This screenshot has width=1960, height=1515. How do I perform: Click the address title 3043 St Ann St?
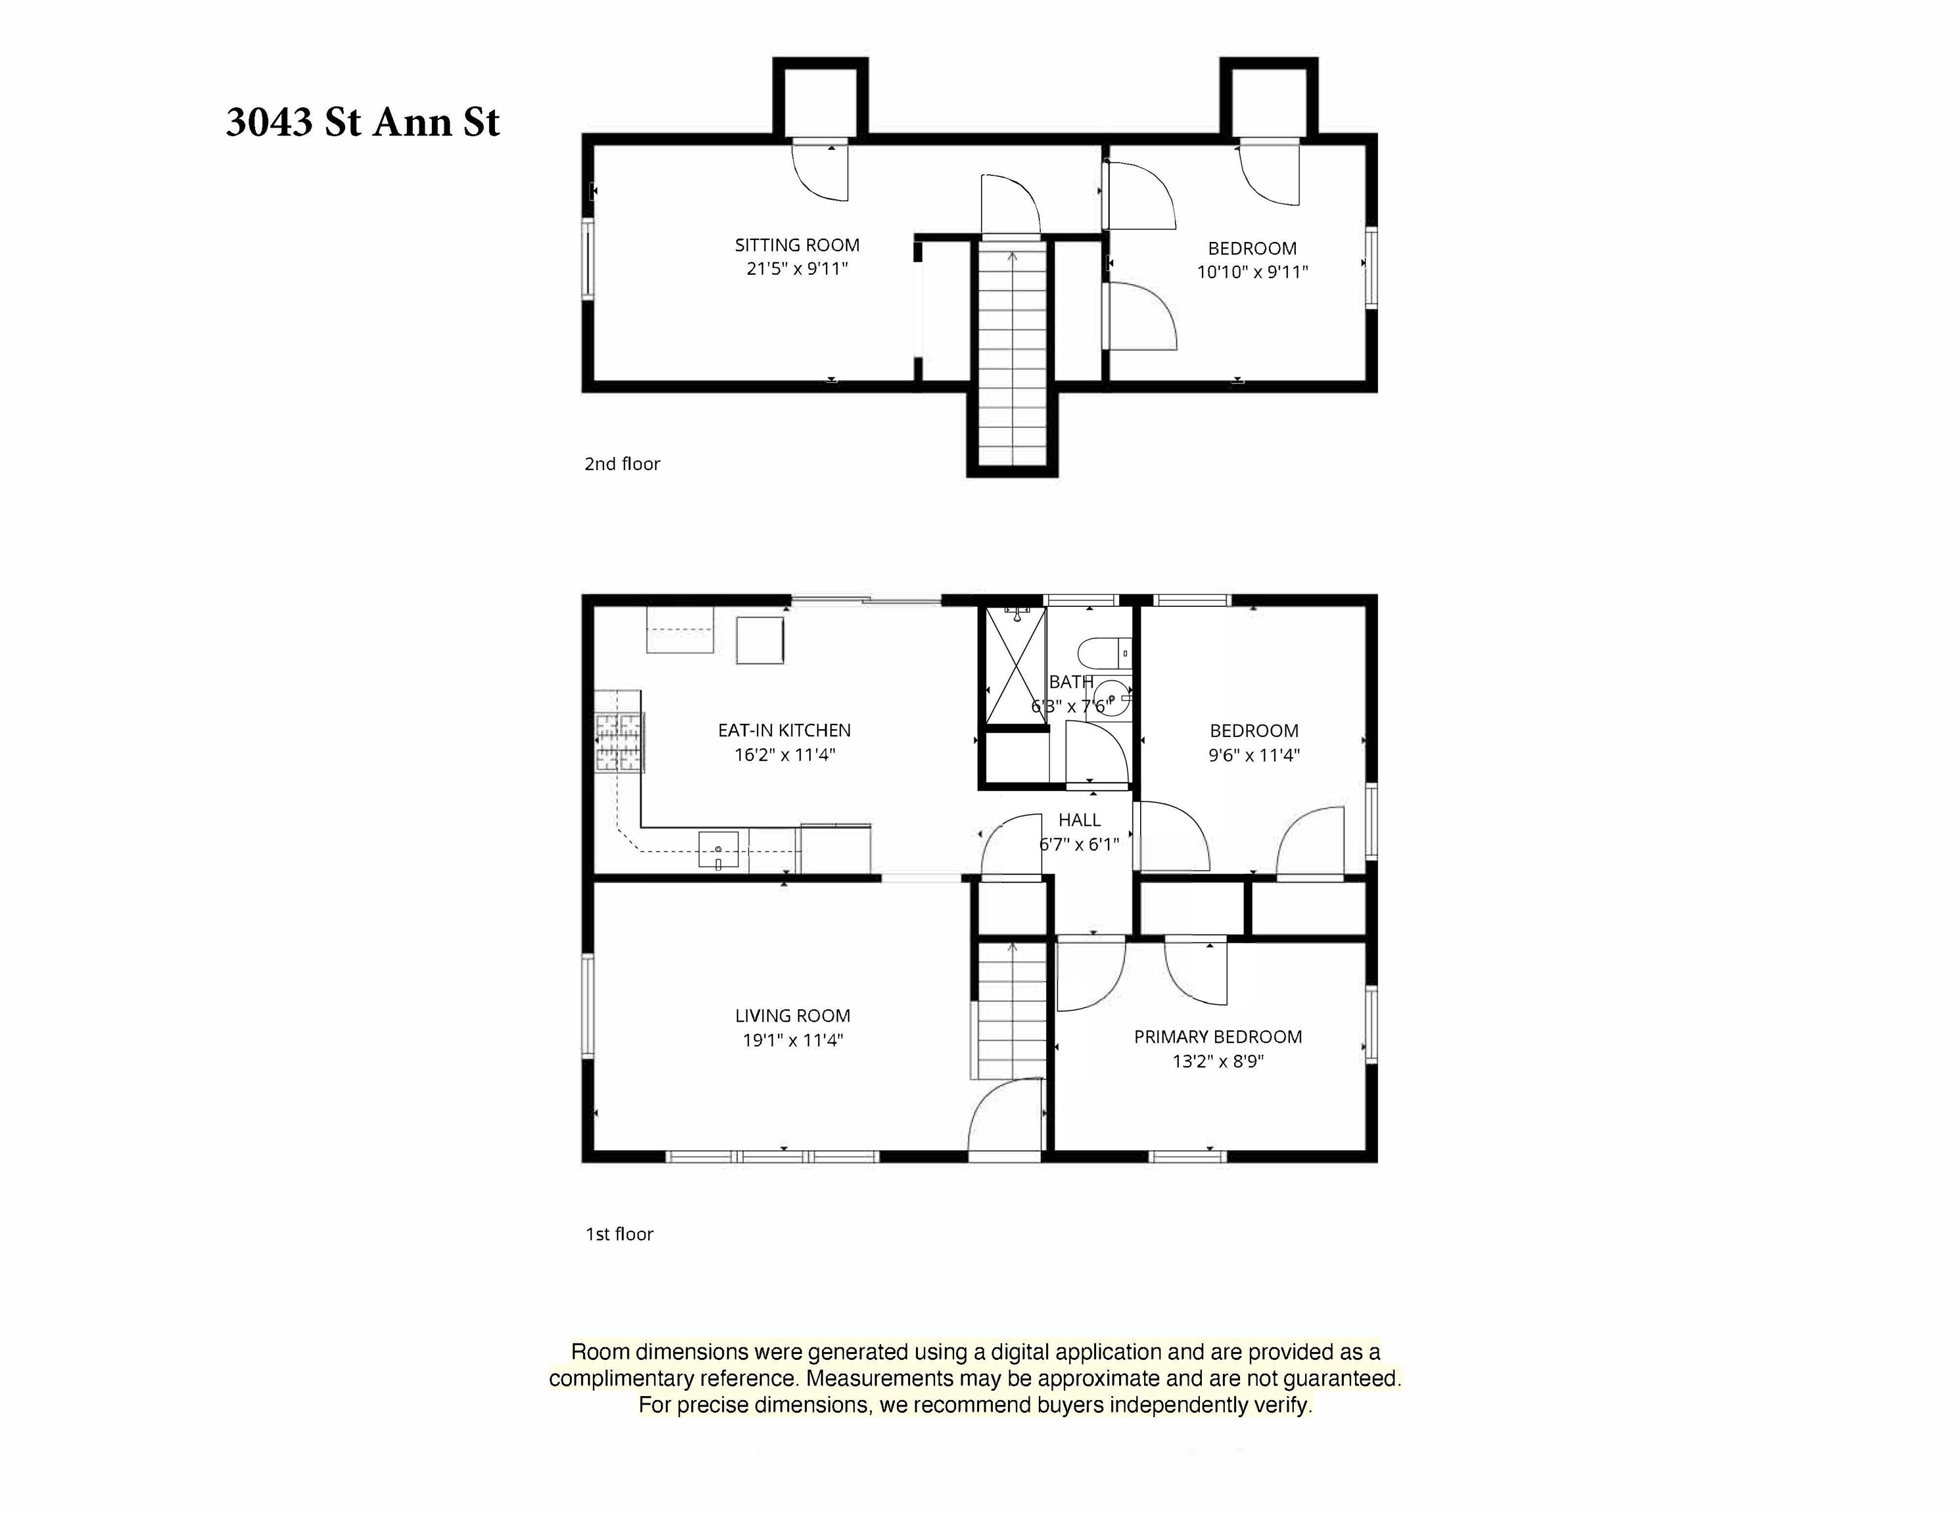[x=362, y=122]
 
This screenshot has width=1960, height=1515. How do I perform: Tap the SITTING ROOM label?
[x=797, y=245]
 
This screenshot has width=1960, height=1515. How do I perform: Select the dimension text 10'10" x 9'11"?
[x=1252, y=272]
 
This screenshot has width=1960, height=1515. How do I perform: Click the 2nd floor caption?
[x=622, y=464]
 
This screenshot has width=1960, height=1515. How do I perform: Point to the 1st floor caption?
[x=619, y=1234]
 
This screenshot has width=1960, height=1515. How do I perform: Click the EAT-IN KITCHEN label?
[x=784, y=731]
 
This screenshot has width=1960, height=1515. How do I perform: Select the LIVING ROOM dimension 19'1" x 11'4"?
[x=792, y=1040]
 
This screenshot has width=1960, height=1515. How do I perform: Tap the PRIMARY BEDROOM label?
[x=1217, y=1036]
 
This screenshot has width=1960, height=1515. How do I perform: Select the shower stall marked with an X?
[x=1016, y=665]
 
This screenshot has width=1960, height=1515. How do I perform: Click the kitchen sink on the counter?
[x=719, y=849]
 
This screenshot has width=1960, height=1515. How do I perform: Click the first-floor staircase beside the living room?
[x=1013, y=1010]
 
